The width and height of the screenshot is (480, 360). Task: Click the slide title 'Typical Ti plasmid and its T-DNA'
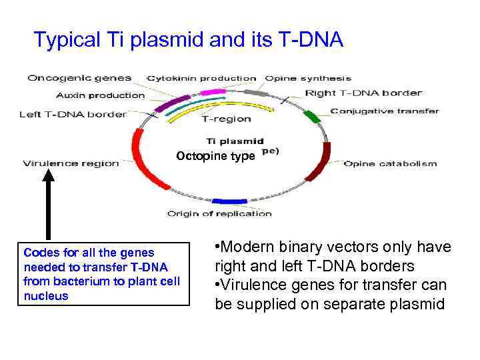(189, 41)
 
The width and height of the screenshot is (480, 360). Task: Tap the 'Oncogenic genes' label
(79, 78)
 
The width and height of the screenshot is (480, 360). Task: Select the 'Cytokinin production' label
(201, 79)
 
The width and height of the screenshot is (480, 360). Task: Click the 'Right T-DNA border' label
(363, 93)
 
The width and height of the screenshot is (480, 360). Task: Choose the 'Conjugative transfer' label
(385, 111)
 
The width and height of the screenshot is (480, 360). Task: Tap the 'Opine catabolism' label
(390, 163)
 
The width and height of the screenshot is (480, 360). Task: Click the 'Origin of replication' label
(219, 213)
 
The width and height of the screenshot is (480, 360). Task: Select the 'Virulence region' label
(71, 163)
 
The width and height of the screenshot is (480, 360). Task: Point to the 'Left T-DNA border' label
(73, 114)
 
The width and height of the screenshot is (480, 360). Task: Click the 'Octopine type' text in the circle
(215, 156)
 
